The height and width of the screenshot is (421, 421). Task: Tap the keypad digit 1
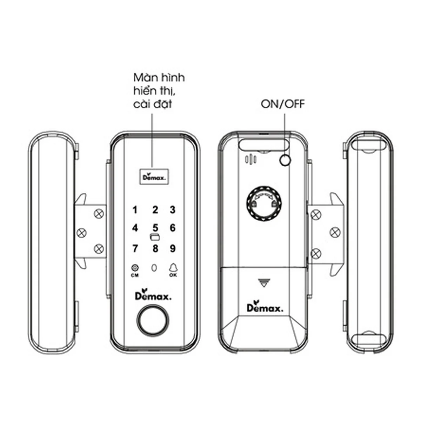click(135, 210)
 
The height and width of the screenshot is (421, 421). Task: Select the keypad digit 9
click(173, 248)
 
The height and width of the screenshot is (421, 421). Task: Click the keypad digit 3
click(173, 210)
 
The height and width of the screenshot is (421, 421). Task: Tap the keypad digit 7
click(135, 248)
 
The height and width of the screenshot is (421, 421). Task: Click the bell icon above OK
click(173, 267)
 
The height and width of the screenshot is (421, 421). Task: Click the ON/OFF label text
click(282, 104)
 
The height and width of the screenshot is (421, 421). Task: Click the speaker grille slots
click(250, 160)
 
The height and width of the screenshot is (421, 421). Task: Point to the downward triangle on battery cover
click(264, 282)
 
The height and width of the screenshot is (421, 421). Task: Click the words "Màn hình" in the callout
click(159, 78)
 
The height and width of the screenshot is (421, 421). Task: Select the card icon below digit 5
click(155, 237)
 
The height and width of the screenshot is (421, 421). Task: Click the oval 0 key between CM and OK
click(154, 268)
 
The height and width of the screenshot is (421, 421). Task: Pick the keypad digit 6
click(173, 228)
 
